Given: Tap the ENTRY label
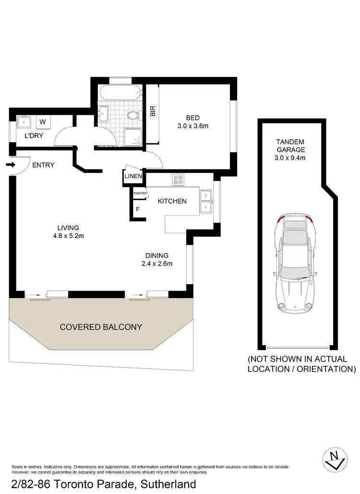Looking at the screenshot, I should click(43, 165).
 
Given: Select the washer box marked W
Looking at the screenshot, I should click(42, 121).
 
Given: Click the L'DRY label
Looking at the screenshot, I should click(34, 136).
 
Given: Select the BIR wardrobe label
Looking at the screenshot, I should click(153, 111).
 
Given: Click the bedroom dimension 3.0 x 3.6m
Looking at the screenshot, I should click(193, 126).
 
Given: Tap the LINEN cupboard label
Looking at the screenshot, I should click(133, 176).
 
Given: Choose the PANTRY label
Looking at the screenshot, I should click(140, 193).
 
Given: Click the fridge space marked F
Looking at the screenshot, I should click(138, 209).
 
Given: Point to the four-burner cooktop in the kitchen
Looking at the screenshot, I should click(179, 180).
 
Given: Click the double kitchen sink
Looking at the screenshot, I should click(206, 201).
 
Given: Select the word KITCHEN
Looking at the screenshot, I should click(172, 201).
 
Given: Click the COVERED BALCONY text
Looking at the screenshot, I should click(101, 327).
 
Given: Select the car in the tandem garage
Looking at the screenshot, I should click(294, 262).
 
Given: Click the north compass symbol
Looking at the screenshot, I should click(335, 458).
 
